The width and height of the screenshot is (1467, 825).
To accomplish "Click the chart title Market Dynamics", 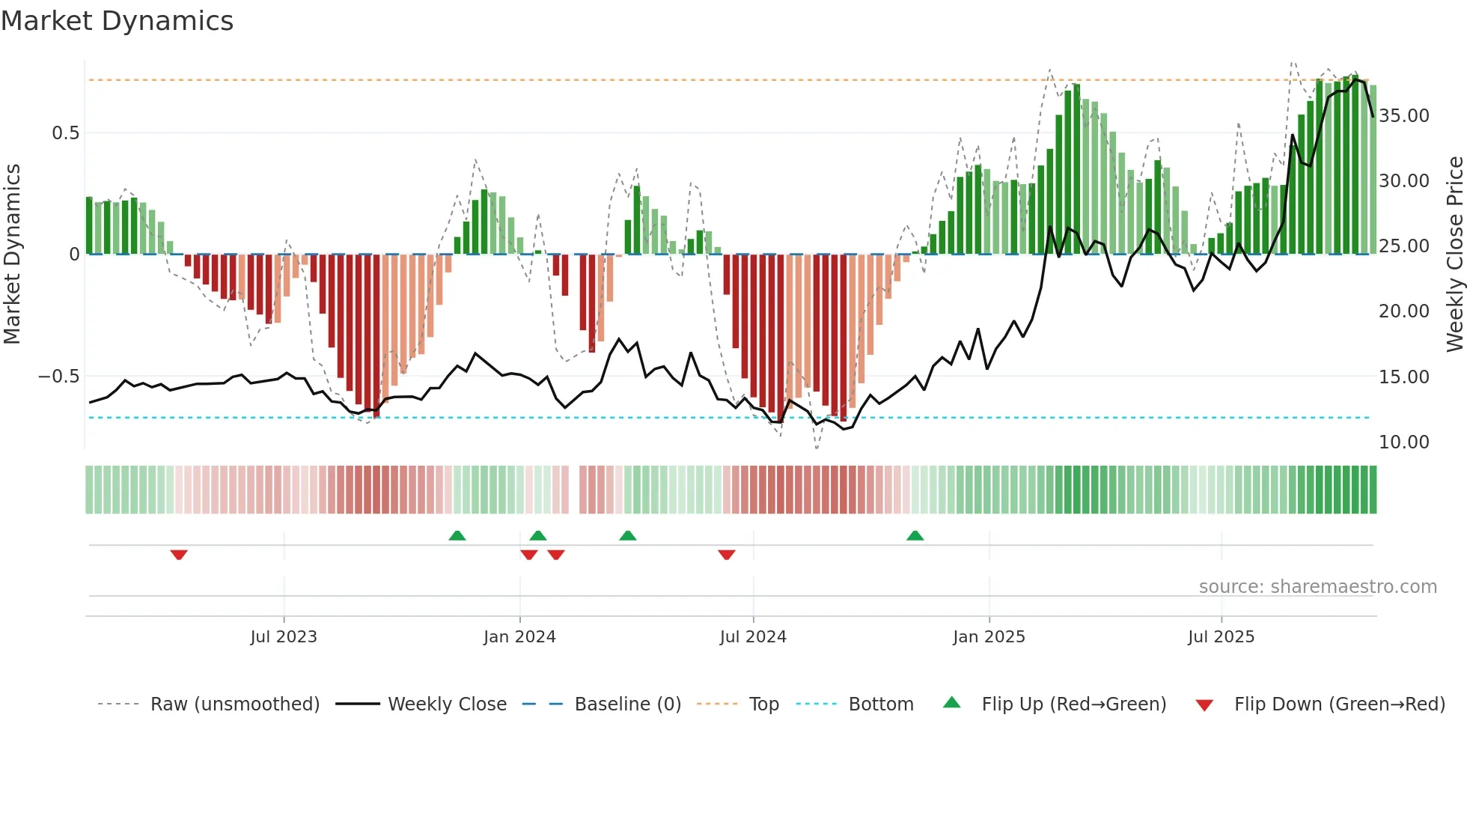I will [117, 21].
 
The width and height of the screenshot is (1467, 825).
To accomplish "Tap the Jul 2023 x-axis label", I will [284, 637].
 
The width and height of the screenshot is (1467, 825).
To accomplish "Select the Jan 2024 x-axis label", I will [519, 637].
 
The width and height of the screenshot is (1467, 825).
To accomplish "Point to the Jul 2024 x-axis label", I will [753, 637].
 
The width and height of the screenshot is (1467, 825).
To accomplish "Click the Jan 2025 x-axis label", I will [989, 637].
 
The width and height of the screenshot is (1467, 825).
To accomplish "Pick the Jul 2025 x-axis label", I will [1221, 637].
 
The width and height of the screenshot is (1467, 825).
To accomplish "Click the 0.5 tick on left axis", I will [65, 133].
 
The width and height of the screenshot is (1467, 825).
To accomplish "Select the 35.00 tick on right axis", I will [1404, 116].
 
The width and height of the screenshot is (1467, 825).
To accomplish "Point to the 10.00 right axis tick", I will [1404, 442].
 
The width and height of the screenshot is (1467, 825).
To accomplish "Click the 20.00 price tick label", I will [1404, 311].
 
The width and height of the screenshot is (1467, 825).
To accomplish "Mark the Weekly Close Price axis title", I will [1454, 255].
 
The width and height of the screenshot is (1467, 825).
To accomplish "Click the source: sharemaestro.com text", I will [1317, 587].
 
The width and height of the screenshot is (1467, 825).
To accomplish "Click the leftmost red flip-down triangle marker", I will [179, 555].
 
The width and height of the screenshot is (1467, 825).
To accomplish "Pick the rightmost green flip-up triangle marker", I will [915, 535].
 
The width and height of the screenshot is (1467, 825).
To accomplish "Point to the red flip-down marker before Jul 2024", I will [726, 555].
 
